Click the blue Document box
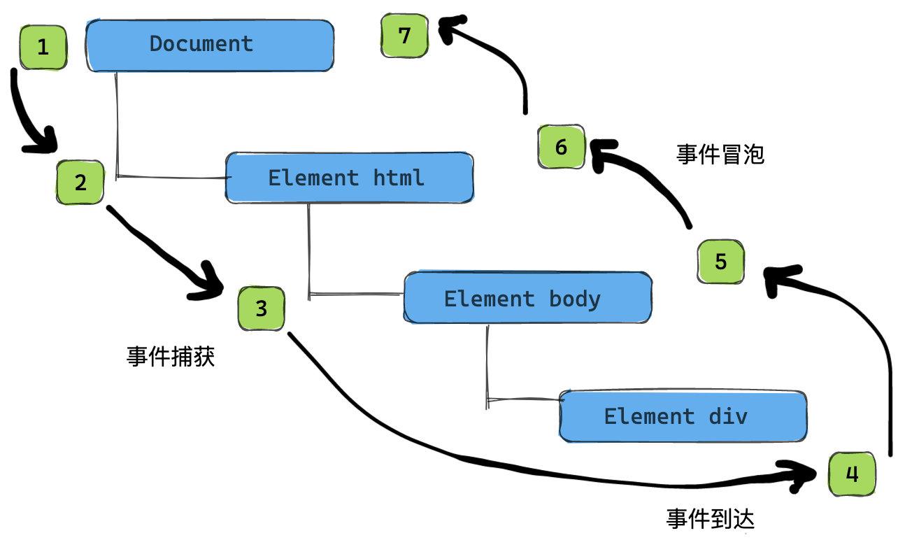click(209, 45)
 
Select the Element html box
click(349, 178)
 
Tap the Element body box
click(527, 298)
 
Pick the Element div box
click(683, 416)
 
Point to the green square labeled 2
click(80, 183)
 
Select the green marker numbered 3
click(261, 308)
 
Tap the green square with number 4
click(852, 475)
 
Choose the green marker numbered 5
click(721, 262)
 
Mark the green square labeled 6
click(561, 148)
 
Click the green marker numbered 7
click(404, 36)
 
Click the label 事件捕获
click(171, 357)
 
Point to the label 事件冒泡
click(720, 154)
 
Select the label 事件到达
click(711, 518)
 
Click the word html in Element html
click(398, 178)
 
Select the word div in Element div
click(728, 416)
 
